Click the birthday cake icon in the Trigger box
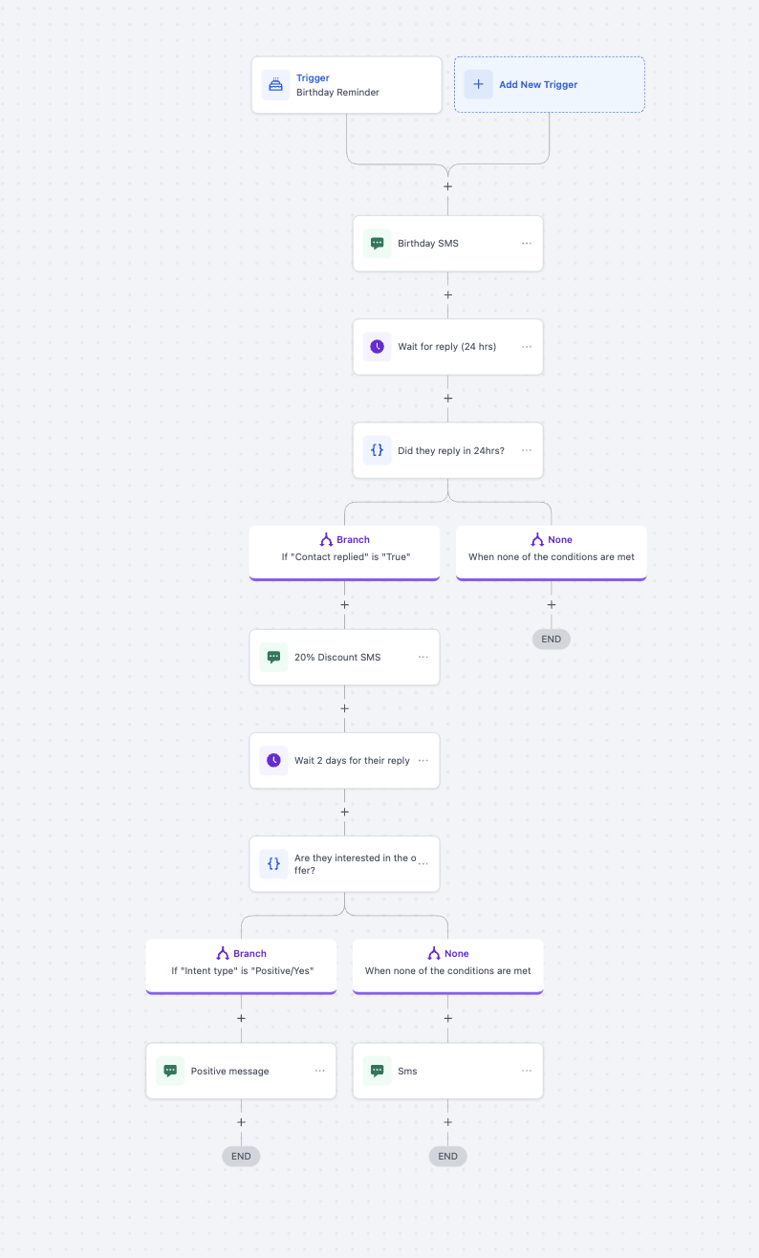(x=275, y=84)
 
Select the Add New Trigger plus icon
(x=478, y=84)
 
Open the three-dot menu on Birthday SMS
(x=527, y=243)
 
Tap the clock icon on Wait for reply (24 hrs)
(x=377, y=346)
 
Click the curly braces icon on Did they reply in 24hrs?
(x=377, y=450)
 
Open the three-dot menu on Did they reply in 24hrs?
(x=527, y=450)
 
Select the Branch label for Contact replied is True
(x=353, y=540)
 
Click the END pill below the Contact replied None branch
(x=552, y=640)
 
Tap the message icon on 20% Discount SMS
(x=273, y=657)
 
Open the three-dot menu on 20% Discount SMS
(x=423, y=657)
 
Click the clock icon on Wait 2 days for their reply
(x=273, y=760)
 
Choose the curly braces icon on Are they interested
(x=273, y=864)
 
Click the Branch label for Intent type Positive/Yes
(x=249, y=954)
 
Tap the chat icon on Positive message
(x=170, y=1071)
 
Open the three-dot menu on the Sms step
(x=527, y=1071)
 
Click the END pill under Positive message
(x=241, y=1157)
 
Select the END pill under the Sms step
(x=447, y=1157)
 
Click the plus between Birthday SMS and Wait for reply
(x=447, y=294)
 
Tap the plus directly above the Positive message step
(x=241, y=1018)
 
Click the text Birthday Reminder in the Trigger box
(x=337, y=92)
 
